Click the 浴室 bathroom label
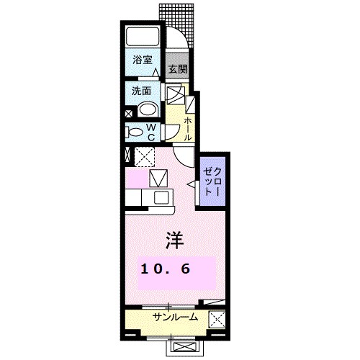pos(143,61)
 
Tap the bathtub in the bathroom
pos(144,37)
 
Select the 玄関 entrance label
pos(178,70)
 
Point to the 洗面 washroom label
pos(141,91)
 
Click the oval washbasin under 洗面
pos(148,109)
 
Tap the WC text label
pos(152,132)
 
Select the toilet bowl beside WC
pos(135,132)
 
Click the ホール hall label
pos(188,128)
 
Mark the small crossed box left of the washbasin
pos(129,112)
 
